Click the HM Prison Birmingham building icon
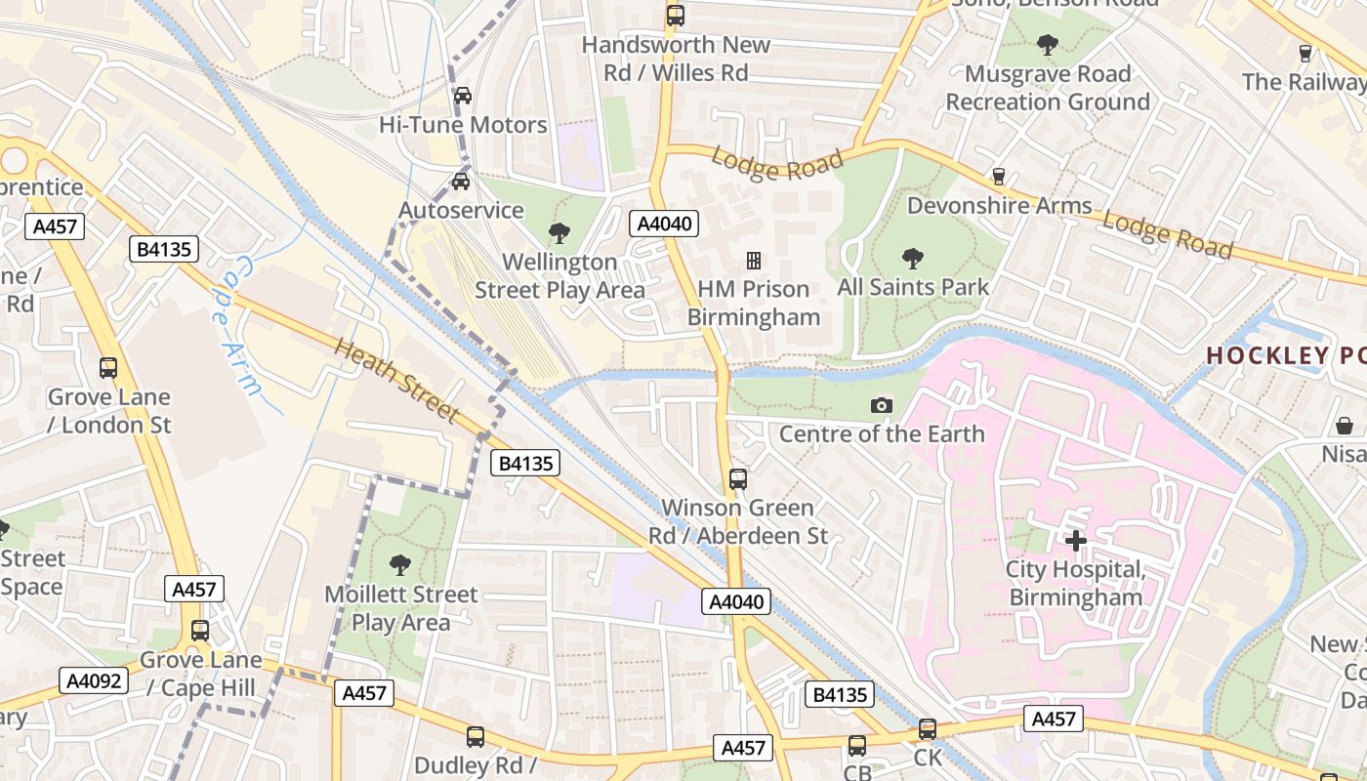tap(754, 260)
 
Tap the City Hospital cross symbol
tap(1076, 540)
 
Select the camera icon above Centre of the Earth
tap(881, 405)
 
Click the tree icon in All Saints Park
tap(913, 259)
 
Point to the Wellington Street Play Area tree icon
tap(559, 232)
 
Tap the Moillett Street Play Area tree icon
tap(399, 564)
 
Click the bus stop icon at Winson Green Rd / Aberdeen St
tap(738, 478)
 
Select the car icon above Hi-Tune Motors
tap(463, 95)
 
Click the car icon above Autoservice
tap(461, 181)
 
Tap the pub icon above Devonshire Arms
tap(998, 176)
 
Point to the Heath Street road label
tap(396, 381)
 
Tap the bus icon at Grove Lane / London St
tap(108, 368)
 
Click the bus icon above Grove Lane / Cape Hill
tap(200, 631)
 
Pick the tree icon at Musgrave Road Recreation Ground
tap(1048, 44)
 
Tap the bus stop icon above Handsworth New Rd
tap(675, 15)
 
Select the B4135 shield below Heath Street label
tap(526, 464)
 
